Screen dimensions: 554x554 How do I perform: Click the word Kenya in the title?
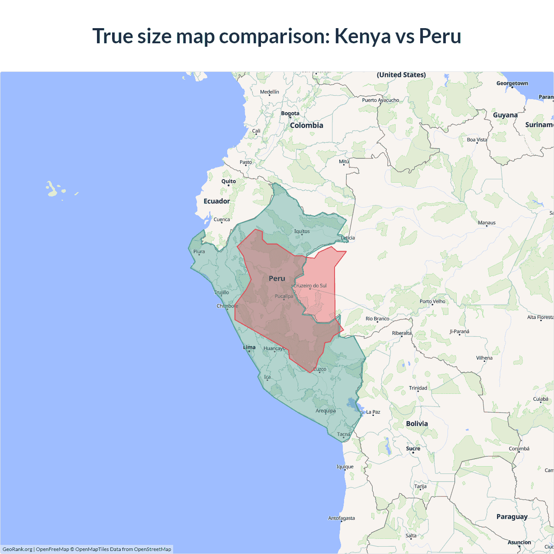point(363,36)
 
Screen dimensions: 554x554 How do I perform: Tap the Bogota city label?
point(290,113)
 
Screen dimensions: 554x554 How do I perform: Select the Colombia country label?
point(306,126)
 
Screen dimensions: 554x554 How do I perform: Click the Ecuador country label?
point(217,201)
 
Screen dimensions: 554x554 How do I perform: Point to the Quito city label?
point(229,181)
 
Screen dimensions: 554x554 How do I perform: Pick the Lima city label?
point(249,347)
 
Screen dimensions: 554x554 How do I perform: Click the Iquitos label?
point(302,231)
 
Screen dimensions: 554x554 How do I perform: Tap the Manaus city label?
point(486,223)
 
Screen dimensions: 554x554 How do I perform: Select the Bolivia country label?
point(417,424)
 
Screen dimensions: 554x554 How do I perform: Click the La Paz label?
point(373,412)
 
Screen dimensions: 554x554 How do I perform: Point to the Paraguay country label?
point(512,517)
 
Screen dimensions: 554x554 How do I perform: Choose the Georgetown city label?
point(512,84)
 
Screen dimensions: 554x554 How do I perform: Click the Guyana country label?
point(505,115)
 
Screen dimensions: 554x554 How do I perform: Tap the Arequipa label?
point(325,411)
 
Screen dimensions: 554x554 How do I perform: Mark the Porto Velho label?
point(432,301)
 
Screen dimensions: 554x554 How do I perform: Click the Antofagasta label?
point(341,518)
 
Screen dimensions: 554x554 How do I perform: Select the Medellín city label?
point(270,92)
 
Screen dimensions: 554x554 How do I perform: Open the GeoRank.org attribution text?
point(17,549)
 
